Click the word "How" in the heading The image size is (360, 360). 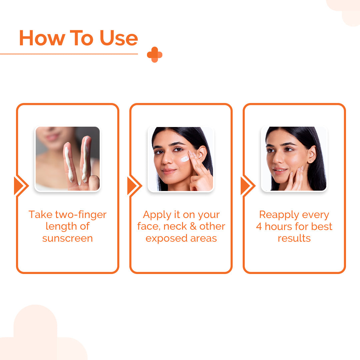coord(41,38)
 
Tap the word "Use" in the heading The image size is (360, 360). coord(119,38)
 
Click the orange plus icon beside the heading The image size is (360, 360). coord(155,55)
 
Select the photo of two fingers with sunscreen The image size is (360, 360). coord(68,159)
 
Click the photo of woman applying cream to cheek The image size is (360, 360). coord(181,159)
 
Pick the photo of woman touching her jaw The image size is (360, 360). coord(294,159)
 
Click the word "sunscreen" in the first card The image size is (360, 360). coord(68,238)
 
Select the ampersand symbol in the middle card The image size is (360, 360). coord(193,227)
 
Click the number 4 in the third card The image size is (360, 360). coord(259,227)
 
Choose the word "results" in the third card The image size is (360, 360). coord(294,238)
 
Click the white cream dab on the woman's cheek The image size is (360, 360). coord(185,159)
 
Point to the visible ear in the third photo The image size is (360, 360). coord(312,154)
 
